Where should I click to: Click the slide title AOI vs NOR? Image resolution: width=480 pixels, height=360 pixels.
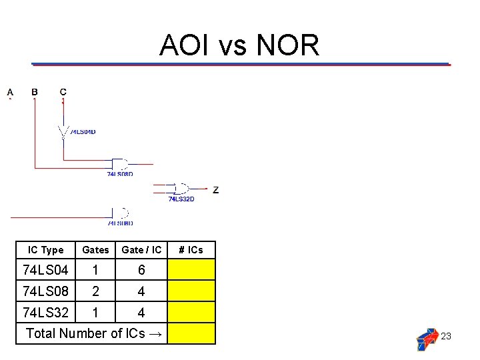[x=239, y=45]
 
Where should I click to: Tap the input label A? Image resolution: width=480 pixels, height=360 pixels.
[x=10, y=92]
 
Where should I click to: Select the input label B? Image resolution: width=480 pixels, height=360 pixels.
[x=35, y=92]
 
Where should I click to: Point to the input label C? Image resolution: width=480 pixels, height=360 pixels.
[x=63, y=92]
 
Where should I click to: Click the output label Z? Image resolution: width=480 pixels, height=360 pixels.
[x=215, y=190]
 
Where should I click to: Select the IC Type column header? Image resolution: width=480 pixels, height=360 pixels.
[x=46, y=250]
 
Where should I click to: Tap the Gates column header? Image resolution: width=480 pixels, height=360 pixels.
[x=95, y=250]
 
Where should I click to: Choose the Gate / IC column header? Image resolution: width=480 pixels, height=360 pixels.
[x=141, y=250]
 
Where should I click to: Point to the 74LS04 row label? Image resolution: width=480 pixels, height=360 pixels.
[x=45, y=270]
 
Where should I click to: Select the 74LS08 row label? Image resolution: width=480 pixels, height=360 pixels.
[x=45, y=291]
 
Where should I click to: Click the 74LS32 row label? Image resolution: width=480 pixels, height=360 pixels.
[x=45, y=312]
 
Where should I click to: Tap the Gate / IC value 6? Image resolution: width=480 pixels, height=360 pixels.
[x=141, y=270]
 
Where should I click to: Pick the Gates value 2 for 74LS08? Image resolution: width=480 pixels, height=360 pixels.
[x=95, y=291]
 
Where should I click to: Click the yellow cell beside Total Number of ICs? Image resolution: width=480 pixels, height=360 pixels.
[x=191, y=333]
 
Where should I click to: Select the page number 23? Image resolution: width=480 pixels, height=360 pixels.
[x=446, y=336]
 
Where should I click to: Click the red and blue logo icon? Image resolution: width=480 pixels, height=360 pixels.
[x=427, y=339]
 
